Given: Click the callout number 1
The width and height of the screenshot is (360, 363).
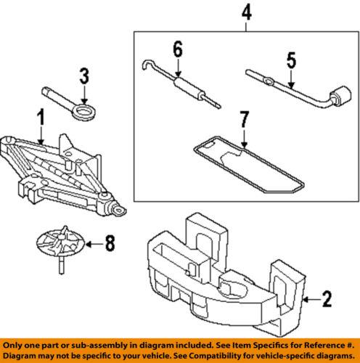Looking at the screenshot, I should click(x=41, y=115).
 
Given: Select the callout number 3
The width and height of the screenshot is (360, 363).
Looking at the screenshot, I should click(x=84, y=76).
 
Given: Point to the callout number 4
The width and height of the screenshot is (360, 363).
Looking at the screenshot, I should click(x=247, y=12).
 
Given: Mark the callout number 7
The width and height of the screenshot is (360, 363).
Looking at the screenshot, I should click(x=245, y=118).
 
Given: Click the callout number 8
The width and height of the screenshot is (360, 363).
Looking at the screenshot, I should click(x=110, y=245).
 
